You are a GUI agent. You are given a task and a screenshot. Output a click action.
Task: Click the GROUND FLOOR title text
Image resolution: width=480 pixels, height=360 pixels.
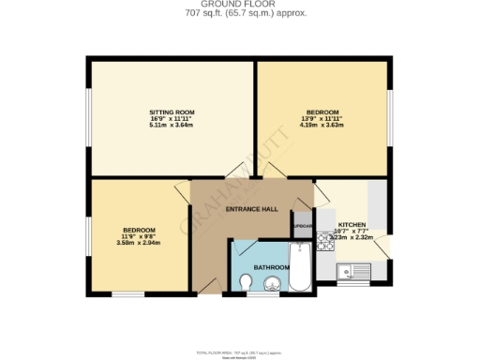coord(240,5)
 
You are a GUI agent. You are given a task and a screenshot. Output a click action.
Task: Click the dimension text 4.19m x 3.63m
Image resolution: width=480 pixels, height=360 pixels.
coord(320,126)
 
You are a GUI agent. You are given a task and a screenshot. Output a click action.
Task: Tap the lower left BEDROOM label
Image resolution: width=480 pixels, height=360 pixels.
coord(139,230)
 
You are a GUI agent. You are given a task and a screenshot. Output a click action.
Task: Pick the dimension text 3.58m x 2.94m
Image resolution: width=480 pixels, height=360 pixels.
coord(139,243)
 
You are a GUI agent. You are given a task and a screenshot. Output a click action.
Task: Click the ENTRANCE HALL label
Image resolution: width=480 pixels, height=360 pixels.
coord(252,209)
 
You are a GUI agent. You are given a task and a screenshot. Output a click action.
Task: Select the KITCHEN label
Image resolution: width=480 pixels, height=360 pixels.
coord(352,225)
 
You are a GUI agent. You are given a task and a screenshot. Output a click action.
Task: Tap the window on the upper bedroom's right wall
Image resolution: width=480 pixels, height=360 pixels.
coord(390,117)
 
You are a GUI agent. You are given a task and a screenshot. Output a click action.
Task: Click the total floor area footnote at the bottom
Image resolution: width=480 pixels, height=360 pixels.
coord(240,352)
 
